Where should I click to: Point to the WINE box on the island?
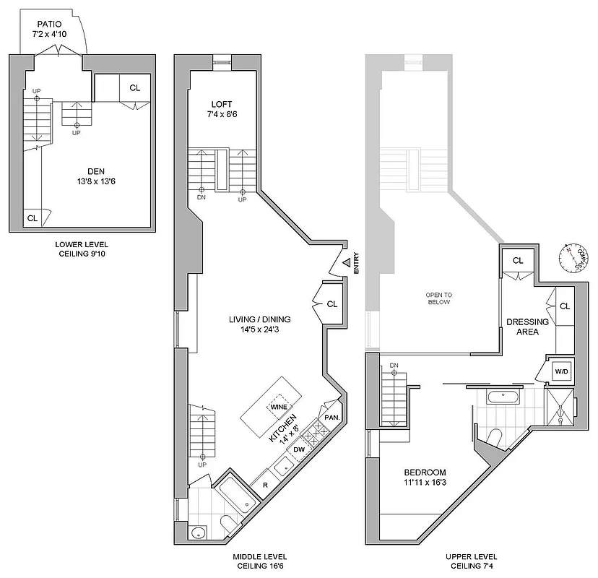(279, 407)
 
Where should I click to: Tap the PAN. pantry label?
(332, 418)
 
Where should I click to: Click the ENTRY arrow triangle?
(347, 263)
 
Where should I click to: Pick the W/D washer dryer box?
(561, 371)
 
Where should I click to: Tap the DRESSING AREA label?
(528, 327)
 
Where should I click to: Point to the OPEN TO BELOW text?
(438, 298)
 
